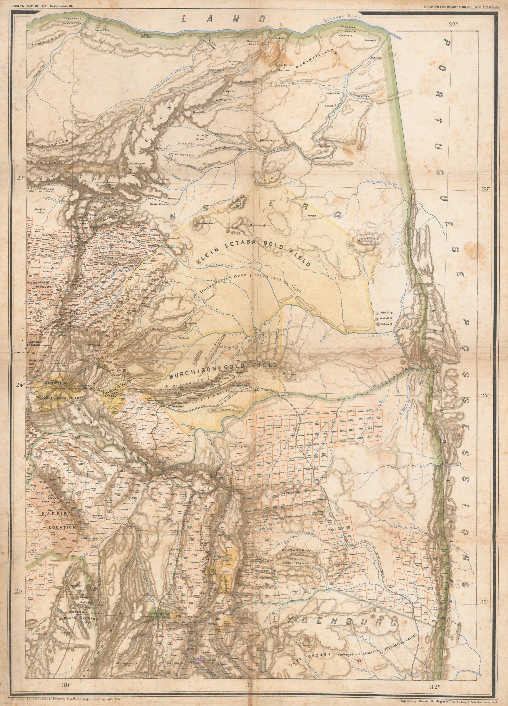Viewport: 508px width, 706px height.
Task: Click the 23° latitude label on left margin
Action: (x=21, y=178)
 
